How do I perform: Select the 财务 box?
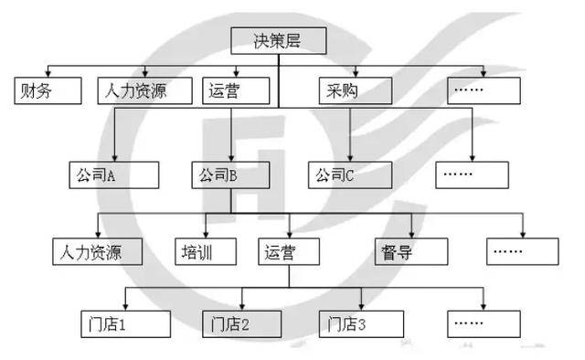[47, 90]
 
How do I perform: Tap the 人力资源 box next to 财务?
[144, 90]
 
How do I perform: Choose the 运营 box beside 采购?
[236, 90]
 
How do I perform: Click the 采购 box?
[355, 90]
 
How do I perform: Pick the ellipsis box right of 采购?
[484, 90]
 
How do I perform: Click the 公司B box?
[231, 174]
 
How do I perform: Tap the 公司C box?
[348, 174]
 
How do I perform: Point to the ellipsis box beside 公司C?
[471, 174]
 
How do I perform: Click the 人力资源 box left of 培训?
[97, 251]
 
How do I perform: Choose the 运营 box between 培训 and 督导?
[288, 251]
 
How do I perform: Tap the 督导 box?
[411, 251]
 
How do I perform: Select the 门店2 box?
[240, 323]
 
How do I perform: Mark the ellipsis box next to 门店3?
[484, 323]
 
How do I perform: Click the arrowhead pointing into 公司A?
[114, 157]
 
